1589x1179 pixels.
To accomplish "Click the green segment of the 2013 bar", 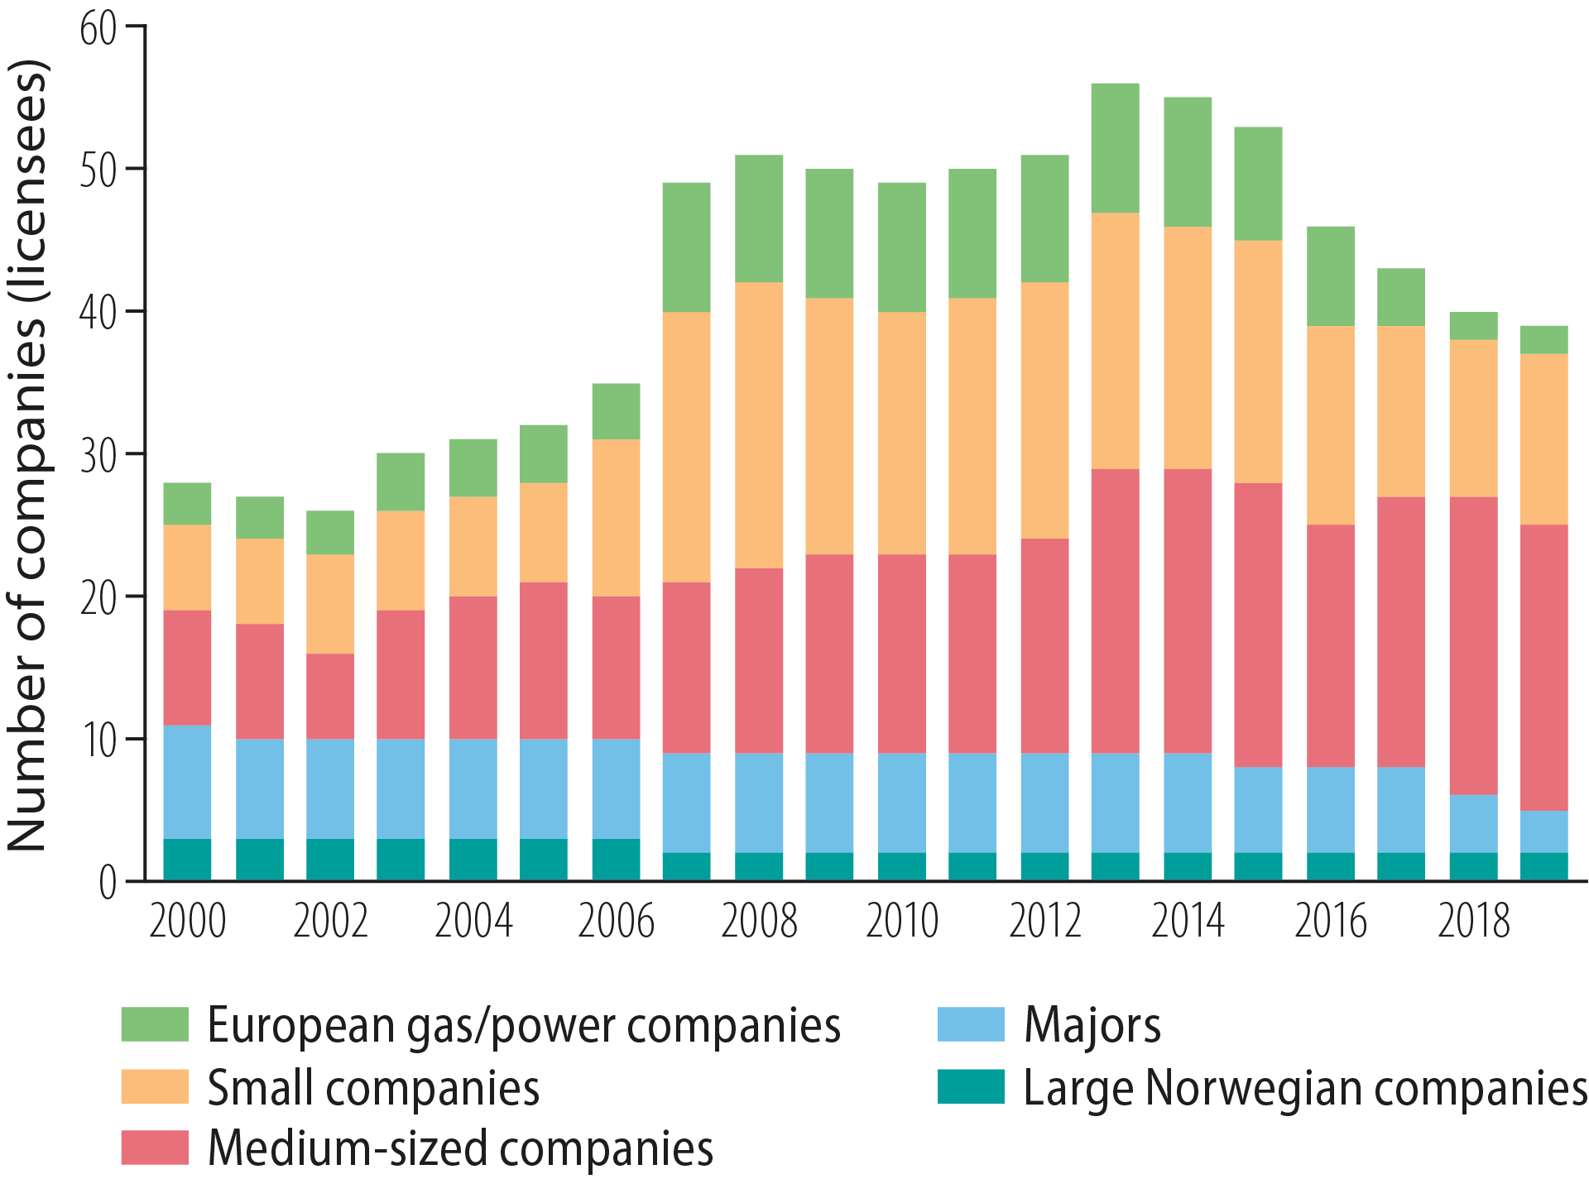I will [1115, 148].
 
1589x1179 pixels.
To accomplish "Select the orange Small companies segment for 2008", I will [759, 425].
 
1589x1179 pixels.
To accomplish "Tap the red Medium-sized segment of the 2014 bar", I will [1188, 611].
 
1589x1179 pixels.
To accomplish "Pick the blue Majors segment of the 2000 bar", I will [187, 782].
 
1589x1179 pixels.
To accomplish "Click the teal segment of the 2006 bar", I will [616, 860].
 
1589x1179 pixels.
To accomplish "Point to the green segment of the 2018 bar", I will [1473, 326].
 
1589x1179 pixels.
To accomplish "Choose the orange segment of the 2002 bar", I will [330, 604].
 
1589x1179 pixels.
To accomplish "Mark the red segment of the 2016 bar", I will [1331, 645].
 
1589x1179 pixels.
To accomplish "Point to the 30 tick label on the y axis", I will [98, 455].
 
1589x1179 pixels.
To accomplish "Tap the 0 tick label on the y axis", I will [108, 883].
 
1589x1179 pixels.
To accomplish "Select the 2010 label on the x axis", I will [902, 921].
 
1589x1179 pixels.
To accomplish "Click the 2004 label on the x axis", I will [473, 921].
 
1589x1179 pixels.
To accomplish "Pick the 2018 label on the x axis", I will [1473, 921].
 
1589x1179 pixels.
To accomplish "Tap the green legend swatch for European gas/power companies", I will [154, 1024].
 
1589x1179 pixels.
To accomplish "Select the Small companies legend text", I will [373, 1087].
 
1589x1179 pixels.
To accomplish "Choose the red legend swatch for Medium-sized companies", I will [154, 1148].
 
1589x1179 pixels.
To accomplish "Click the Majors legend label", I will [1092, 1025].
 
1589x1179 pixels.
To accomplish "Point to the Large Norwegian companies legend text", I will [1305, 1087].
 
